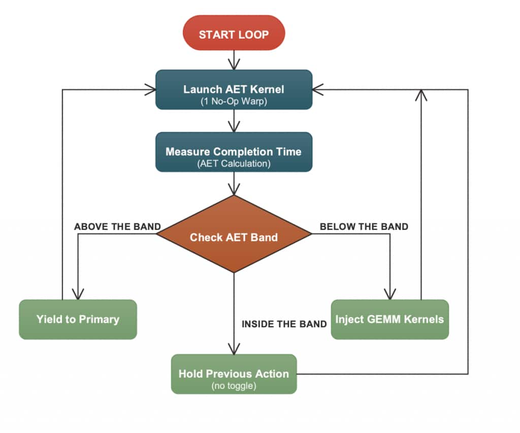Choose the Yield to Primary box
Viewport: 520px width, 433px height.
coord(78,319)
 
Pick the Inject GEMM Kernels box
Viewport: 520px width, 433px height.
coord(389,319)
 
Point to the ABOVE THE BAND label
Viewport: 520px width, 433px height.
coord(117,226)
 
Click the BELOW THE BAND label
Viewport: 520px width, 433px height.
coord(364,226)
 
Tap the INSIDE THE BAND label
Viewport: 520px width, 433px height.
coord(284,324)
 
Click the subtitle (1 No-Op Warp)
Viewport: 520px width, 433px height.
coord(234,101)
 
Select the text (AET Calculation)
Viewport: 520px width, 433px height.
coord(234,163)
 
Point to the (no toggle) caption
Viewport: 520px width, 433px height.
coord(234,386)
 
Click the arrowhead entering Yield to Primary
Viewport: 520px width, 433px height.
coord(78,294)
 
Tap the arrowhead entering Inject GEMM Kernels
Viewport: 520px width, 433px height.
coord(389,294)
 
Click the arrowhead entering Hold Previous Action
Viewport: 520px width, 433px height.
coord(234,349)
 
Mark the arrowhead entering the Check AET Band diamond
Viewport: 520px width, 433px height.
coord(234,190)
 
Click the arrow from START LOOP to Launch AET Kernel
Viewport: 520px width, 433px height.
coord(234,60)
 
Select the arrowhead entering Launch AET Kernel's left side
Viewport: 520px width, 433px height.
coord(150,90)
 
